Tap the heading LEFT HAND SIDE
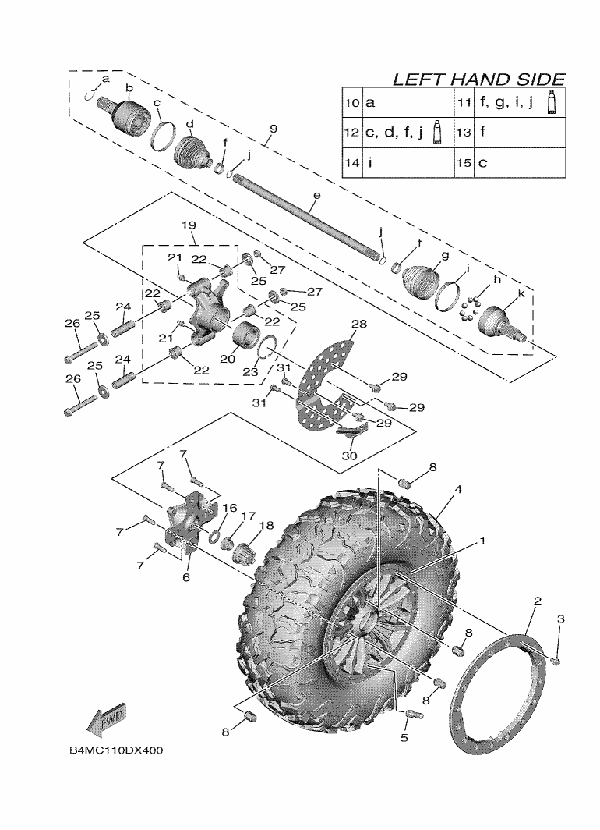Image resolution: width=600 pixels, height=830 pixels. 478,80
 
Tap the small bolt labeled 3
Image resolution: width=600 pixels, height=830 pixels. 556,661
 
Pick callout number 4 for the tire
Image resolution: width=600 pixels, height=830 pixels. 459,490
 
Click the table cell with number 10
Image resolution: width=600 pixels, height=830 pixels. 351,102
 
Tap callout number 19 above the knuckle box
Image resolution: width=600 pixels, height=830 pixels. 190,225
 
